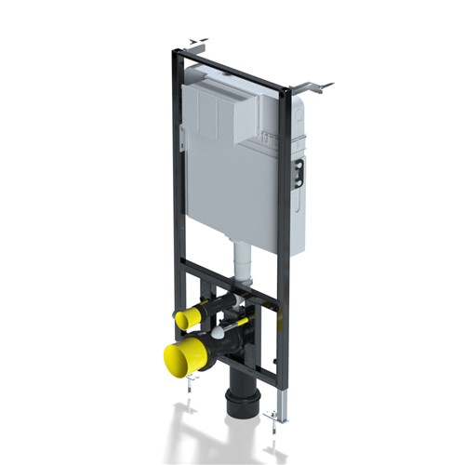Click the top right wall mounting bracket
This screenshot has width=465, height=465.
(x=312, y=86)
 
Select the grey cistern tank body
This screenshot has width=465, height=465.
(x=232, y=186)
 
